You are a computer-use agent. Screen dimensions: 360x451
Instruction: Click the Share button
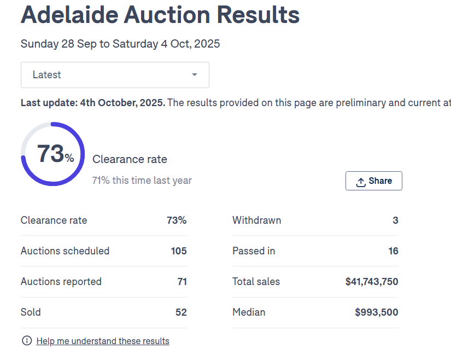click(374, 181)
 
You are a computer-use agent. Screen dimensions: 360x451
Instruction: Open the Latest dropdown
click(115, 75)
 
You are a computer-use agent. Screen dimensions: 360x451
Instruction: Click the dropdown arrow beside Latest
click(194, 75)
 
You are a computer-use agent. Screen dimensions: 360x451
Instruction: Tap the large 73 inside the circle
click(51, 154)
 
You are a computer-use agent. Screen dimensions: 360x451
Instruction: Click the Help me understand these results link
click(103, 341)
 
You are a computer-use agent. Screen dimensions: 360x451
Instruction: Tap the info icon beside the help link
click(27, 341)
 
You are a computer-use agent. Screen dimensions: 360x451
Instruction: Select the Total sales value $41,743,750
click(372, 282)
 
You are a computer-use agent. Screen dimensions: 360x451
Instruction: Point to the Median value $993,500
click(377, 312)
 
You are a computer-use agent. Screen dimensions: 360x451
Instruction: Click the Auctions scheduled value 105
click(179, 251)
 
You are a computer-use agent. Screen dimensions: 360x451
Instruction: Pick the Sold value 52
click(181, 312)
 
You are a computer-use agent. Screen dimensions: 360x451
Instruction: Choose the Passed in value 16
click(393, 251)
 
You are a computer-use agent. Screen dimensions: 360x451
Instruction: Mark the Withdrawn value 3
click(395, 220)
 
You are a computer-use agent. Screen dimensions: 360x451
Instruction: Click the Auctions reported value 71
click(182, 282)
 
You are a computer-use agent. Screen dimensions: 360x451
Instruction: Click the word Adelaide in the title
click(68, 15)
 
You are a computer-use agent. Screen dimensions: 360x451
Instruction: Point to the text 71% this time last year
click(142, 181)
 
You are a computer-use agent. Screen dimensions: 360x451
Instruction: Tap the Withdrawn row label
click(257, 220)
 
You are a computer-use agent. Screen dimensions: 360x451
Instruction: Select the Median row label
click(249, 312)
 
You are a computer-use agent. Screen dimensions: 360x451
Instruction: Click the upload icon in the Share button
click(361, 182)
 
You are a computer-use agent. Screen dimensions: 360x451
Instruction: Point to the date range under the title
click(120, 44)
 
